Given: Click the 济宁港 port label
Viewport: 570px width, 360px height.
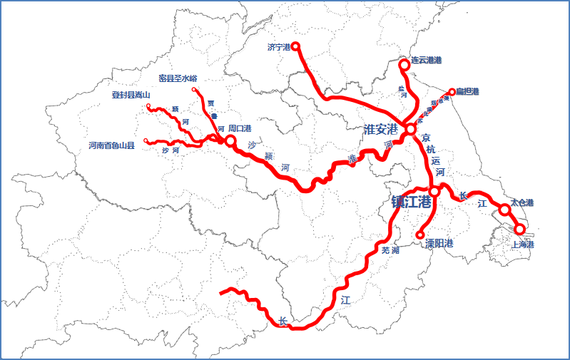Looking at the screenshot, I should [x=278, y=47].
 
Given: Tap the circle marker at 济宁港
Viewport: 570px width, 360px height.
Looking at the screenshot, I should [x=295, y=46].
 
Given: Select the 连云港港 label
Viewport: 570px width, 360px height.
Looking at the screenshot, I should [x=427, y=61].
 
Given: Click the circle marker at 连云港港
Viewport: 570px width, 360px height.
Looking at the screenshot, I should [x=404, y=64].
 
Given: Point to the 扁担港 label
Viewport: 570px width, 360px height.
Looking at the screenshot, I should [x=468, y=91].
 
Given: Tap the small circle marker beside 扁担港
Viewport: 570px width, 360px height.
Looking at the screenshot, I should [x=452, y=91].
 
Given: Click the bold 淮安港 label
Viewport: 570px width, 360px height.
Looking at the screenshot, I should [x=380, y=129].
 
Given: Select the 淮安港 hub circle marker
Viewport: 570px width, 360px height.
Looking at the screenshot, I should [x=411, y=130].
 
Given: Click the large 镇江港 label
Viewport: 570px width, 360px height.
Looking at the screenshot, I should [x=411, y=202].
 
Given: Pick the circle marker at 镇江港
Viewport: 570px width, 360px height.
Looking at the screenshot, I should [x=434, y=191].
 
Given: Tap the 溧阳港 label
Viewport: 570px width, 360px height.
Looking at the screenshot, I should [x=439, y=243].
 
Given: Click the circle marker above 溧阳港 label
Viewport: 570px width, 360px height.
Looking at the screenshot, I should [x=420, y=235].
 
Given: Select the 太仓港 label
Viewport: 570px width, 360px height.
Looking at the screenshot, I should [x=522, y=202].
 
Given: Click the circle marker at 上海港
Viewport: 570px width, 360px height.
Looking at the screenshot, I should [x=520, y=228].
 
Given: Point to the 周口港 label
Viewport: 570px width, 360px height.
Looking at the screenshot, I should [x=240, y=129].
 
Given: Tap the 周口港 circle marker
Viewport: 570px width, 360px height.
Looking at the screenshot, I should [x=230, y=141].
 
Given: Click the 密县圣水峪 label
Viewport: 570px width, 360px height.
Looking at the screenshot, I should [x=178, y=78].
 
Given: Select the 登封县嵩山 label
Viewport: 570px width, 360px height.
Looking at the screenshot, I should [x=131, y=95].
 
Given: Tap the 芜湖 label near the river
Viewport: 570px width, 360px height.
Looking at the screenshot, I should [x=390, y=250].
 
